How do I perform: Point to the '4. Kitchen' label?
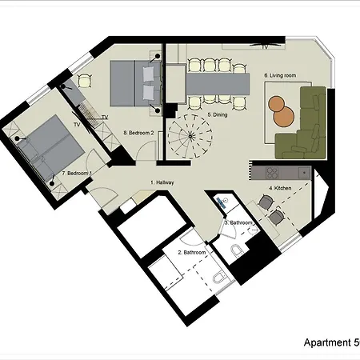(x=281, y=188)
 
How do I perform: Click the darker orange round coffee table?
(x=277, y=103)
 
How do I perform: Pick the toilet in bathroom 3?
(x=237, y=253)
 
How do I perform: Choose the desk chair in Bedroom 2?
(x=85, y=80)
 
